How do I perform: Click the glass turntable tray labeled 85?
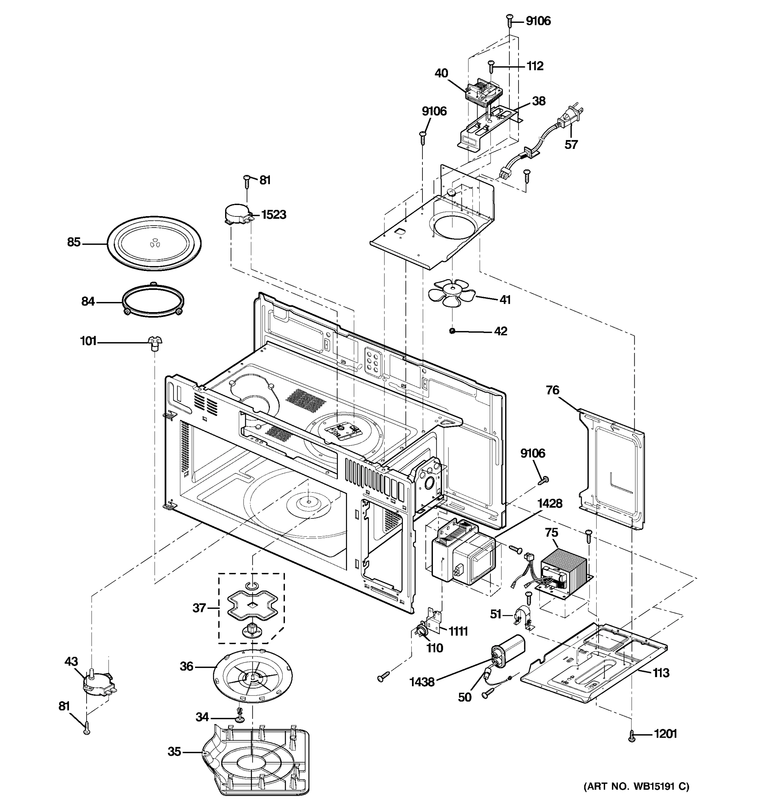coord(154,243)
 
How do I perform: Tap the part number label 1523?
coord(273,214)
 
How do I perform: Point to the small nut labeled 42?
coord(452,331)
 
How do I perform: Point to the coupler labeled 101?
coord(155,343)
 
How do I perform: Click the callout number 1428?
coord(550,504)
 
